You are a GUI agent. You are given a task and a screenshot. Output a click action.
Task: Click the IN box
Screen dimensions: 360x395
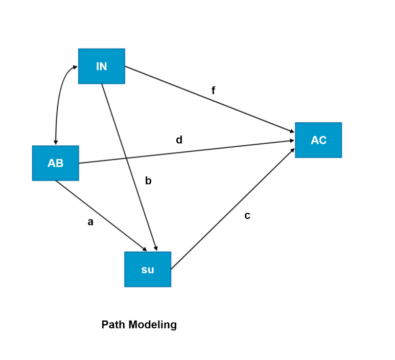101,66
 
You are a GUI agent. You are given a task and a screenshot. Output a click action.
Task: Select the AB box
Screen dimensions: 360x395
55,163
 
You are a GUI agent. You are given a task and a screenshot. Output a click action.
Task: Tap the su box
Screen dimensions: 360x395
148,269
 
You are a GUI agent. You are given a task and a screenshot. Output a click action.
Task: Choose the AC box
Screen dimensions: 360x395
318,140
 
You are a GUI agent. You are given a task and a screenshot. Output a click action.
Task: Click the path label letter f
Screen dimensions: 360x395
214,91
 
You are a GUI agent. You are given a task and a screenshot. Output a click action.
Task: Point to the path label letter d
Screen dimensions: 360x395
179,140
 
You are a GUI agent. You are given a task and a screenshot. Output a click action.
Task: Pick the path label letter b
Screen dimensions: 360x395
149,181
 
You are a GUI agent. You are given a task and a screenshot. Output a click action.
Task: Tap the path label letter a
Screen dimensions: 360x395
90,222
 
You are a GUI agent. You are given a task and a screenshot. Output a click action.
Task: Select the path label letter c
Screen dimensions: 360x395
247,216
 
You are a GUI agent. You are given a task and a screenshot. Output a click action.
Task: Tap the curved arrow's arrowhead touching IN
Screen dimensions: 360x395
75,66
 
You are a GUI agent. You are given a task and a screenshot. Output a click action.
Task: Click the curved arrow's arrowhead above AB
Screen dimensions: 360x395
56,143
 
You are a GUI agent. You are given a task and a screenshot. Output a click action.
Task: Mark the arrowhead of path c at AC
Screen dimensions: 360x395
293,150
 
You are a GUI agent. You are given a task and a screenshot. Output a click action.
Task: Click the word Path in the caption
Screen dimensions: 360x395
113,325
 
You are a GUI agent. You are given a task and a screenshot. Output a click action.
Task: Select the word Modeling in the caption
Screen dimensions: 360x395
152,325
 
